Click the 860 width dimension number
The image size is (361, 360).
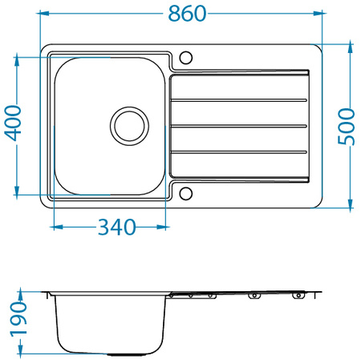[x=183, y=14]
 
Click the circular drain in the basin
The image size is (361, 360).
[x=128, y=125]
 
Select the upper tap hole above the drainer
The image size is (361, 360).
[x=186, y=58]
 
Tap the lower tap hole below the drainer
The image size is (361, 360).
[x=186, y=192]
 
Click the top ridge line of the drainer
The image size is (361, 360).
[x=239, y=100]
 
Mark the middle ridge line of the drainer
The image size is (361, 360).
[x=239, y=126]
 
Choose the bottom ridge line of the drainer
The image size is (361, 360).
[x=239, y=152]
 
